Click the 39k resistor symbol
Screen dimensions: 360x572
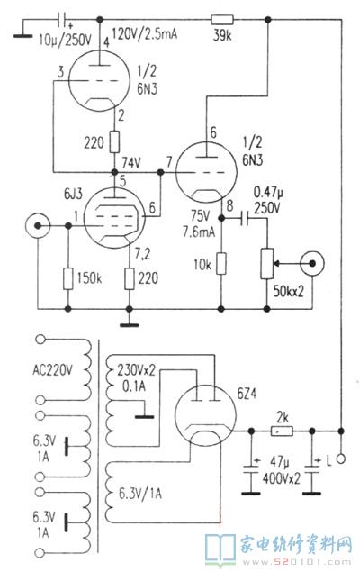222,19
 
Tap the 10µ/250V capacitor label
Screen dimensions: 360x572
65,40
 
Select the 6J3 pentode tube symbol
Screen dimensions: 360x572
113,218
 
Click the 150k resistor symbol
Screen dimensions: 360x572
68,278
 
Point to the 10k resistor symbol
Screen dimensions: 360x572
221,263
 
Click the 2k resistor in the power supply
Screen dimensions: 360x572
282,431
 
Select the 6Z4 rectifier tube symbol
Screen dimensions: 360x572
205,415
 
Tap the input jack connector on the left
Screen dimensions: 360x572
38,226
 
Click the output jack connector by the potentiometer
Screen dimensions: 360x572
312,263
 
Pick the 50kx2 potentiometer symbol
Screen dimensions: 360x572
267,264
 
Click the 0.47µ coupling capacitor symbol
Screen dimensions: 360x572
245,218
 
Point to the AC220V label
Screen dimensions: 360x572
52,370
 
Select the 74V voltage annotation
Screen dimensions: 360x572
131,163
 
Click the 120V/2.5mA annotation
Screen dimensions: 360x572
145,33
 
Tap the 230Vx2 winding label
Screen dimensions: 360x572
136,370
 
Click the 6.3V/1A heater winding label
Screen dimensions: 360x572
140,494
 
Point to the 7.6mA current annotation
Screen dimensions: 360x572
199,232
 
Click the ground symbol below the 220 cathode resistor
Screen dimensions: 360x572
130,324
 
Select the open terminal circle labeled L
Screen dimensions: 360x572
341,459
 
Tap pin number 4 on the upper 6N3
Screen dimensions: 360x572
106,43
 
